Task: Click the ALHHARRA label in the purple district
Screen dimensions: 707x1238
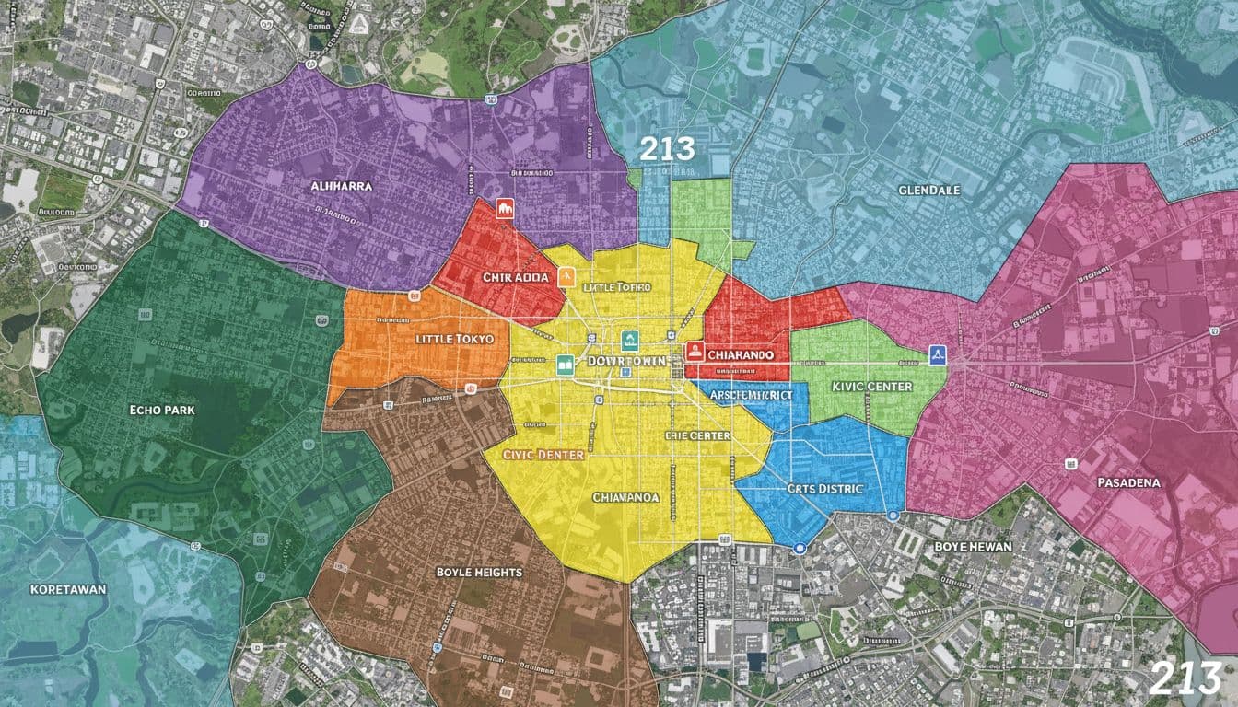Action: (x=343, y=186)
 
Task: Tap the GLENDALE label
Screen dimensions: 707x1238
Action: (x=928, y=190)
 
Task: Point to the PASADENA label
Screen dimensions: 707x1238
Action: (x=1129, y=481)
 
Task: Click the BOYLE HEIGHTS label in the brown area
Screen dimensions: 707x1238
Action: (x=478, y=572)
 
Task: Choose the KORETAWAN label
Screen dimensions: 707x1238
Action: (x=68, y=588)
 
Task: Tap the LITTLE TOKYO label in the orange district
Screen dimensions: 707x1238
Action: (x=455, y=339)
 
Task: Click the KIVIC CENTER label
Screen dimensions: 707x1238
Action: (x=870, y=387)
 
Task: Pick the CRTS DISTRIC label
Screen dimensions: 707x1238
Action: (x=825, y=488)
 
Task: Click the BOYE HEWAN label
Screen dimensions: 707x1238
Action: (x=973, y=546)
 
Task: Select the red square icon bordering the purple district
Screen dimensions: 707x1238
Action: (x=503, y=208)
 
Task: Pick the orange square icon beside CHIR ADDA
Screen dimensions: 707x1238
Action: (x=566, y=275)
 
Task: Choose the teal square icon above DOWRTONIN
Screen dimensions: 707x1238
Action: (x=630, y=338)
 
